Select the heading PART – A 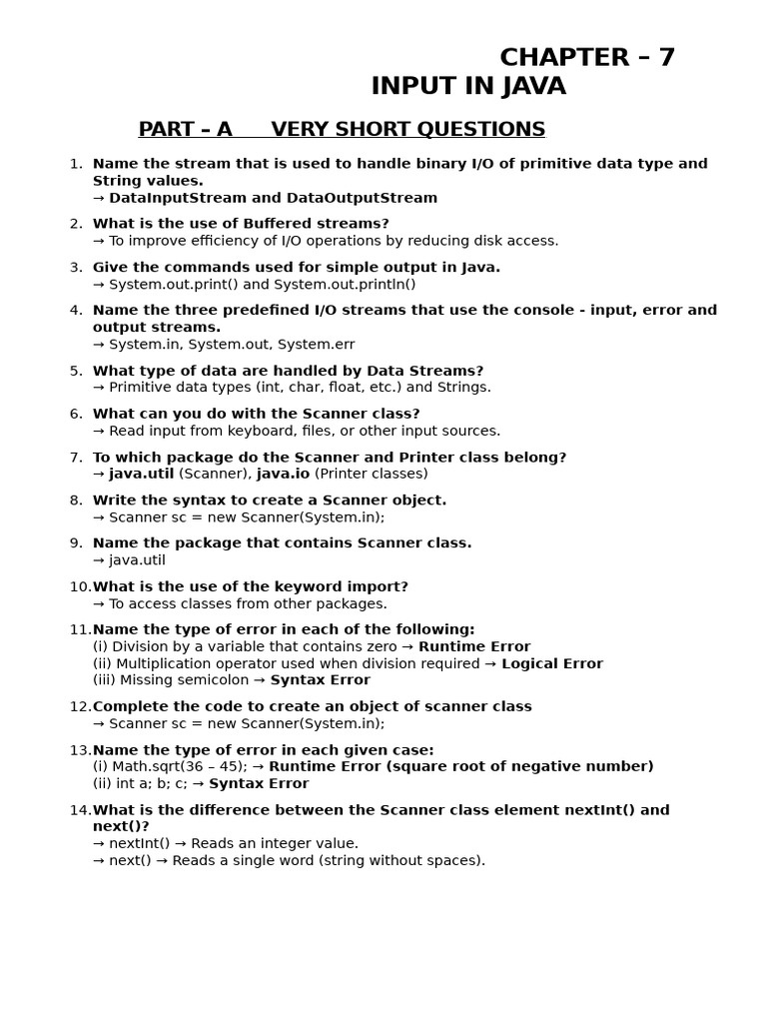[185, 130]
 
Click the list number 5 [76, 371]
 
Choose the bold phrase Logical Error [552, 664]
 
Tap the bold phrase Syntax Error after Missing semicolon [320, 680]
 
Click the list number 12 [79, 707]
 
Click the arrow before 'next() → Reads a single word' [99, 861]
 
